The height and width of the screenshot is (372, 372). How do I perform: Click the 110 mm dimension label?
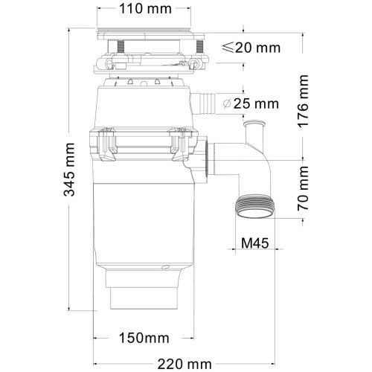click(x=145, y=10)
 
